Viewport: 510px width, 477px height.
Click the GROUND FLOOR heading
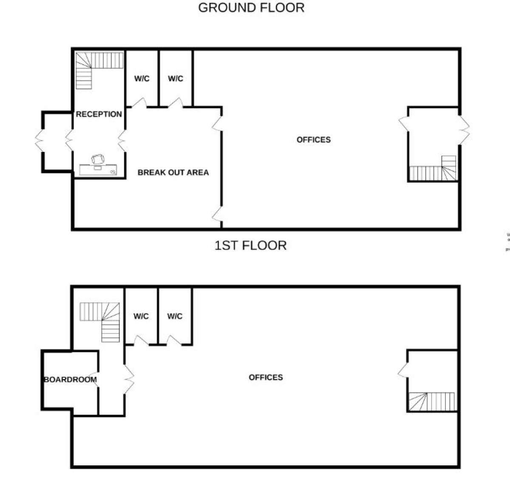coord(251,8)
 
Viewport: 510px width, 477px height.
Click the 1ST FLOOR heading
coord(250,246)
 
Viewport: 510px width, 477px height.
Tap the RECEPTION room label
coord(99,114)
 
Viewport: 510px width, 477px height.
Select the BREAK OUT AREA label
coord(173,172)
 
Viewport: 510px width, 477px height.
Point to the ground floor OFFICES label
coord(313,140)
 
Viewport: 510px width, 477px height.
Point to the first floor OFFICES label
coord(266,377)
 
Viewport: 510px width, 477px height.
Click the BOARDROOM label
coord(70,380)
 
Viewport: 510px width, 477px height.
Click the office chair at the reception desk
coord(98,159)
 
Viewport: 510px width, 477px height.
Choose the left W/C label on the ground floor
coord(142,79)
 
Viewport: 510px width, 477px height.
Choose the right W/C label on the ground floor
coord(176,79)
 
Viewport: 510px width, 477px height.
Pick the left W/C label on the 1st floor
coord(141,316)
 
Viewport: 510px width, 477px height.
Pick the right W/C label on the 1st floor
coord(175,316)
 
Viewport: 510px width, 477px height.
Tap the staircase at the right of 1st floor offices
coord(431,401)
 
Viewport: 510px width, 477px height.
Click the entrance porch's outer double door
coord(40,140)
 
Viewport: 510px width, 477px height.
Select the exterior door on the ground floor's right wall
coord(464,128)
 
